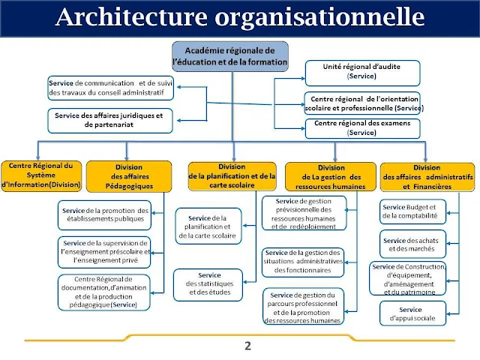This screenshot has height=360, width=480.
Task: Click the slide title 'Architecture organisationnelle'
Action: click(239, 17)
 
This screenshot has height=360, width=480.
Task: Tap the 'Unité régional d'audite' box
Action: click(361, 71)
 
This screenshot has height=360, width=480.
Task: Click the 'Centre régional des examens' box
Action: click(361, 127)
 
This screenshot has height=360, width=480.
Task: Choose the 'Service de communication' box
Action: click(110, 88)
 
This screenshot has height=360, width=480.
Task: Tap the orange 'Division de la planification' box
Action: click(232, 176)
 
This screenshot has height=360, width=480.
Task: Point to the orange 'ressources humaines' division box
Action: click(330, 177)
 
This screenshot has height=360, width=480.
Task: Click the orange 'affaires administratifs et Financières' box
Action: click(427, 177)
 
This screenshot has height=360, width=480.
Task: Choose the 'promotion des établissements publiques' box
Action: click(105, 215)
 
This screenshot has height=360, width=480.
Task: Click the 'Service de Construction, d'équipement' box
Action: click(409, 279)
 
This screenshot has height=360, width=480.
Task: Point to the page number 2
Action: click(247, 346)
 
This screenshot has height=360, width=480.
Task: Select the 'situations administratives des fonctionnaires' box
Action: click(302, 261)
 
